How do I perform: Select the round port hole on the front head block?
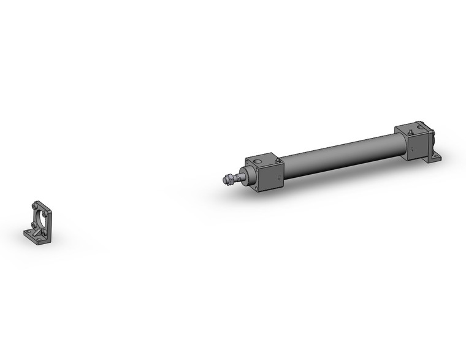(x=258, y=162)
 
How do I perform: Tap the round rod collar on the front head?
(x=249, y=175)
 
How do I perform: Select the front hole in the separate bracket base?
(x=39, y=239)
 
